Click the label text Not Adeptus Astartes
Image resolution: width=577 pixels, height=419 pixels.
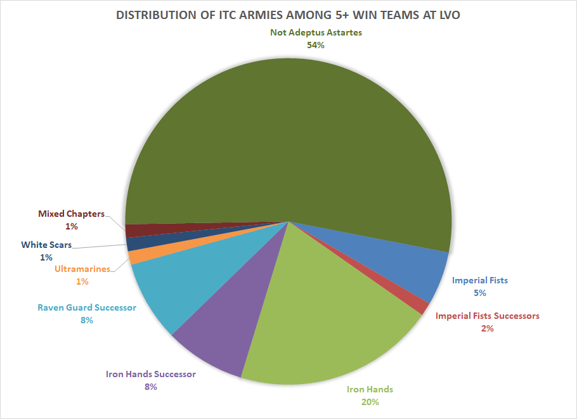[x=316, y=32]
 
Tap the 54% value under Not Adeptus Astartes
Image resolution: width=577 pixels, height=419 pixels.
[x=316, y=45]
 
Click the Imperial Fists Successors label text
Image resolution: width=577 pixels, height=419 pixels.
[x=487, y=316]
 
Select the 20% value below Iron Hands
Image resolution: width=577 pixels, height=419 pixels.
[x=370, y=402]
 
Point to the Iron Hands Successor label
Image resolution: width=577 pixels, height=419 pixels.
[x=150, y=374]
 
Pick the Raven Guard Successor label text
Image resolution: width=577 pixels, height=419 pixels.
[x=87, y=307]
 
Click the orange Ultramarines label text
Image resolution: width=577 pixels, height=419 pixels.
[x=82, y=269]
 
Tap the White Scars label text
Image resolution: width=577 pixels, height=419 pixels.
[x=46, y=245]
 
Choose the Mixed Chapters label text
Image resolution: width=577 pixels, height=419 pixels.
[x=71, y=214]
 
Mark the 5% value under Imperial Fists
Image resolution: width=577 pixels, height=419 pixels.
[x=479, y=293]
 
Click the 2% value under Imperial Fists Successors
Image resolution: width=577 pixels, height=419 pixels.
[x=487, y=328]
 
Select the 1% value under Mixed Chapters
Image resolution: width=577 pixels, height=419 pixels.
[x=71, y=226]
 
